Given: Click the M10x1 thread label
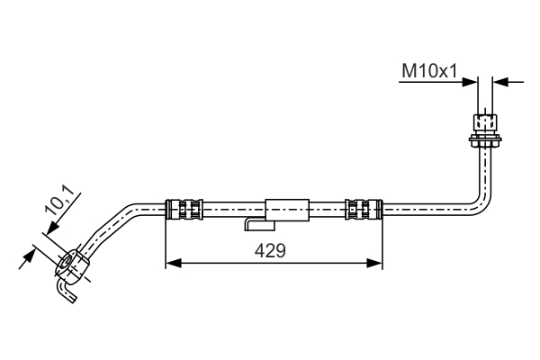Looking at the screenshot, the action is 429,71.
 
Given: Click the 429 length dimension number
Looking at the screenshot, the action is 270,250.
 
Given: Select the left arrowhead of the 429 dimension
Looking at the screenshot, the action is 173,263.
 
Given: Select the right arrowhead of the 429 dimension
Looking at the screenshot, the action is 374,263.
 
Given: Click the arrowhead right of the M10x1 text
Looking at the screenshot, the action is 470,82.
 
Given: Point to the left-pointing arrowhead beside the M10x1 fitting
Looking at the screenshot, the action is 500,82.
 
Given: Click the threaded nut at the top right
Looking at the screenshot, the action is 485,122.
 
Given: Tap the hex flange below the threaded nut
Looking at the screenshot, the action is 485,139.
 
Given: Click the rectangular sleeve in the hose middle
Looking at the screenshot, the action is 287,210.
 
